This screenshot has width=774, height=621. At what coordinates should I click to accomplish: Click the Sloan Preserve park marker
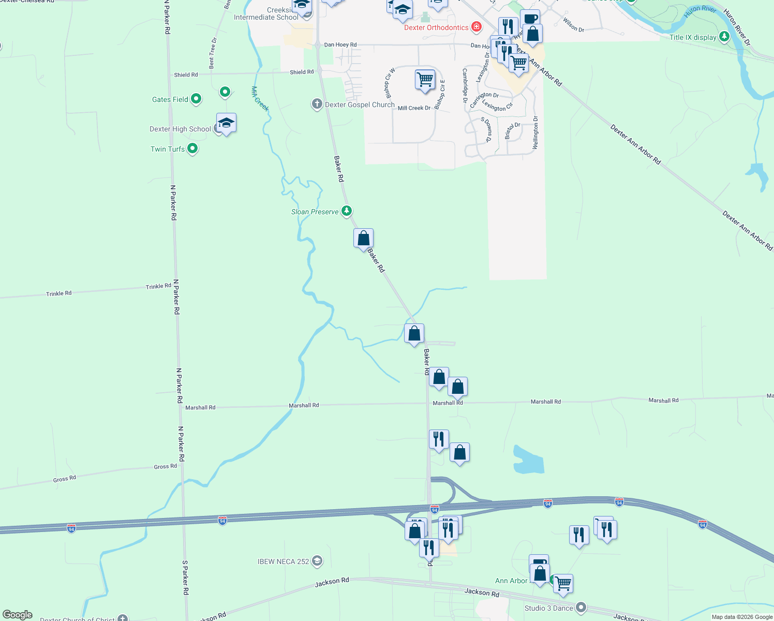[347, 211]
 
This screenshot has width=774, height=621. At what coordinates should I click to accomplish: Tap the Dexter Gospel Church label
[360, 105]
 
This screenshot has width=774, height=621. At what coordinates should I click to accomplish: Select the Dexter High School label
[180, 129]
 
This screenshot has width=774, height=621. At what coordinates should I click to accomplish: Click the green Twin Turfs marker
[192, 149]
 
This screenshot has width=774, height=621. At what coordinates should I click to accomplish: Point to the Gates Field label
[170, 99]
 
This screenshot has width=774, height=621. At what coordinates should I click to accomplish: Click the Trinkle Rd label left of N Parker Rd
[59, 293]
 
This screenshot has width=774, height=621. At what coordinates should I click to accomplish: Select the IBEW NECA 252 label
[283, 561]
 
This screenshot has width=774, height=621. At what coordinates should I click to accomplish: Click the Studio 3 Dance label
[548, 608]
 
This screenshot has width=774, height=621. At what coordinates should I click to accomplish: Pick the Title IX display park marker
[724, 36]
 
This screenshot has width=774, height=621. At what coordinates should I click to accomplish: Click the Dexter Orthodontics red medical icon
[476, 27]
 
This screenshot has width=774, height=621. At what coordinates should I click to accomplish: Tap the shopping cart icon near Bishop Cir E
[425, 80]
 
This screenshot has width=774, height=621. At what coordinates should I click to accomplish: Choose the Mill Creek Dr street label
[414, 108]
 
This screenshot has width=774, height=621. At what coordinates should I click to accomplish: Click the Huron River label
[700, 11]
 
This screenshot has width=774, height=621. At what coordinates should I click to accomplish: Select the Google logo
[18, 615]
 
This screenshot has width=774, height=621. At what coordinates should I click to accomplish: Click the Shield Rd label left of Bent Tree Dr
[186, 75]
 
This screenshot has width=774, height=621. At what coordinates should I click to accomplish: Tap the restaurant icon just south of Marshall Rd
[439, 439]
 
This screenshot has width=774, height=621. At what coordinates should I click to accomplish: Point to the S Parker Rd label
[185, 577]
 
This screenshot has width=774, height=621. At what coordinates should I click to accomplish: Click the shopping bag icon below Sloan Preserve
[363, 238]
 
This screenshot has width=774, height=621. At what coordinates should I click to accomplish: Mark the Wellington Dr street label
[535, 133]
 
